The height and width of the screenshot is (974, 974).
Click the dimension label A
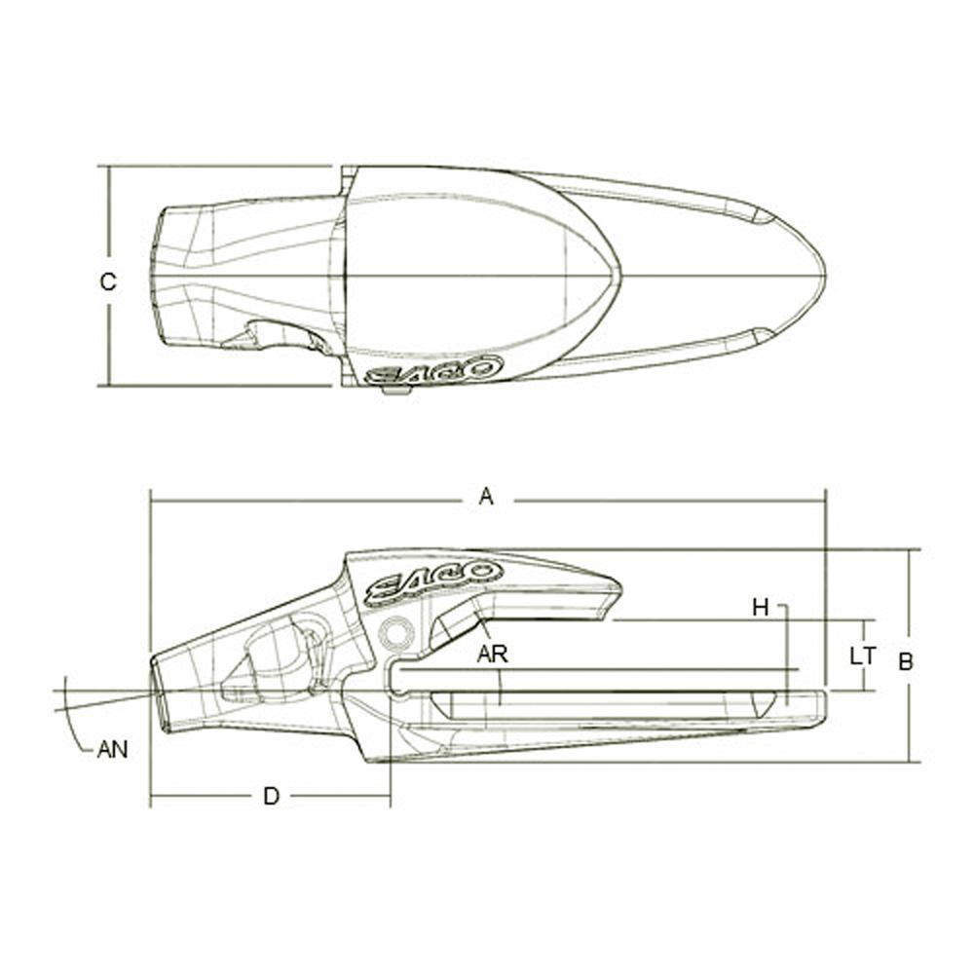click(x=486, y=498)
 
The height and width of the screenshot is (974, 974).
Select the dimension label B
click(x=905, y=661)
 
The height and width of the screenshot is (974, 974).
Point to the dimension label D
click(x=272, y=796)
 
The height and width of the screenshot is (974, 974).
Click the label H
click(x=761, y=608)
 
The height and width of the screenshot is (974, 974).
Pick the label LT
click(x=862, y=656)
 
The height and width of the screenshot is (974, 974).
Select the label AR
click(x=492, y=654)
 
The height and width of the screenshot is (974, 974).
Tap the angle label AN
click(x=112, y=750)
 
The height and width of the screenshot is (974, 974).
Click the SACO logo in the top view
click(x=434, y=371)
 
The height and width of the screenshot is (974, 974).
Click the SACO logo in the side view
click(x=434, y=581)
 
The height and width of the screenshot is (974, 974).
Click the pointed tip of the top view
click(x=823, y=276)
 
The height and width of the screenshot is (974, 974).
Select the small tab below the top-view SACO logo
click(x=396, y=391)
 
